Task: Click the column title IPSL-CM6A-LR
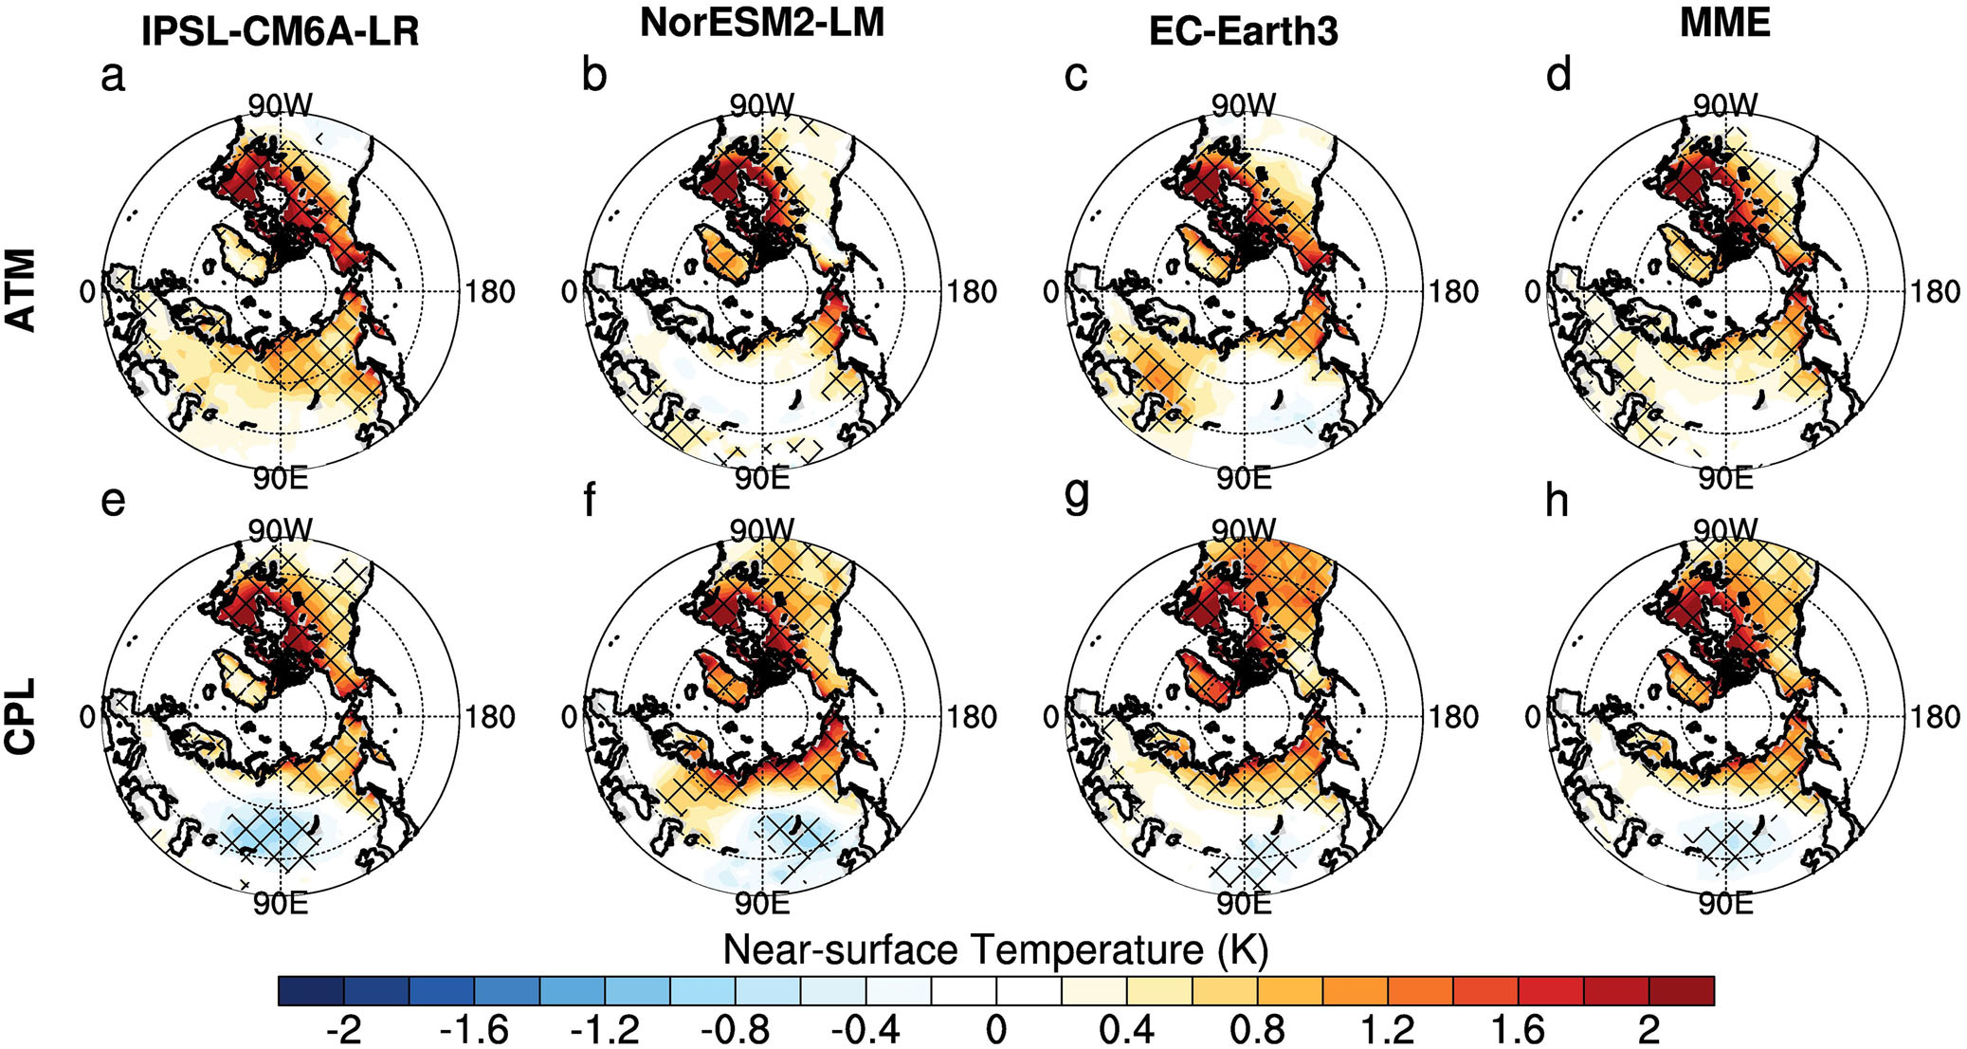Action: pyautogui.click(x=280, y=32)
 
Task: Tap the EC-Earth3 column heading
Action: pyautogui.click(x=1243, y=31)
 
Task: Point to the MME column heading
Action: pyautogui.click(x=1724, y=23)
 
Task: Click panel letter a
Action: pyautogui.click(x=113, y=76)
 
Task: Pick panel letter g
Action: pyautogui.click(x=1077, y=495)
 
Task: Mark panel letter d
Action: pyautogui.click(x=1558, y=75)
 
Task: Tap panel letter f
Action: pyautogui.click(x=590, y=499)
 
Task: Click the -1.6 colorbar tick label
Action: pyautogui.click(x=474, y=1030)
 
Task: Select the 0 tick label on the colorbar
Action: pyautogui.click(x=995, y=1030)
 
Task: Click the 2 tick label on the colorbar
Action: pyautogui.click(x=1648, y=1030)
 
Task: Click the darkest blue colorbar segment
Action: pyautogui.click(x=311, y=990)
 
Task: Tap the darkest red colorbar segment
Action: pyautogui.click(x=1682, y=990)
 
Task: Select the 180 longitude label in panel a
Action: pyautogui.click(x=490, y=292)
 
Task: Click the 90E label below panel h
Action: pyautogui.click(x=1724, y=904)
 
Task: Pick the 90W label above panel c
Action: pyautogui.click(x=1243, y=105)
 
